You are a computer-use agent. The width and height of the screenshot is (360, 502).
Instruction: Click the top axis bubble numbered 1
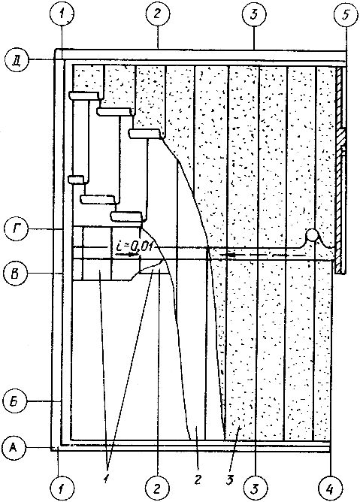click(x=62, y=15)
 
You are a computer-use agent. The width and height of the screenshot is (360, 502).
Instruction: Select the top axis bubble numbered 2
click(x=158, y=15)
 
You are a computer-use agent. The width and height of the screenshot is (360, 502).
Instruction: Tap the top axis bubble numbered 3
click(x=254, y=15)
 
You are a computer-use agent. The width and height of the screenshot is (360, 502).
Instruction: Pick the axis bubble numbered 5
click(x=346, y=15)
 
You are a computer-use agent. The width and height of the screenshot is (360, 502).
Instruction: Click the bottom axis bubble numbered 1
click(x=62, y=488)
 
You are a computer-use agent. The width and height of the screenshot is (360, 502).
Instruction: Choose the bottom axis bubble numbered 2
click(x=157, y=488)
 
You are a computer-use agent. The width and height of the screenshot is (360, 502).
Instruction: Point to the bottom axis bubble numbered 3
click(x=255, y=488)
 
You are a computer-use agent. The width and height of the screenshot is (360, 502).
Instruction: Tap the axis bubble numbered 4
click(x=330, y=488)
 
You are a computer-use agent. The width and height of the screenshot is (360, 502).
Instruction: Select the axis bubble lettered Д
click(x=17, y=60)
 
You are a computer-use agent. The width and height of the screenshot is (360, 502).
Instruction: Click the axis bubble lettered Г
click(x=17, y=229)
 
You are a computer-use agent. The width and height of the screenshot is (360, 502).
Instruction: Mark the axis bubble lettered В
click(x=15, y=274)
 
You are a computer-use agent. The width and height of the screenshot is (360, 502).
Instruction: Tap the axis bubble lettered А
click(x=14, y=447)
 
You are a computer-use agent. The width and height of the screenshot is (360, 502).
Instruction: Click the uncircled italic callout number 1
click(x=106, y=478)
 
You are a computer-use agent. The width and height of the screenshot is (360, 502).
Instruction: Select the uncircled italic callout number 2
click(x=198, y=479)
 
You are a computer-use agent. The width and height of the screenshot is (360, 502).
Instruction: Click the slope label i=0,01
click(x=135, y=246)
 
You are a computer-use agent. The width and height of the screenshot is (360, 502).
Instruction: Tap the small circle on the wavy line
click(x=312, y=234)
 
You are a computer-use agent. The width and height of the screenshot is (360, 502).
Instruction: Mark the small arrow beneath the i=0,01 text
click(x=126, y=255)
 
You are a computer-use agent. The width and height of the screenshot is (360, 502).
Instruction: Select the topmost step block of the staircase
click(x=84, y=95)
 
